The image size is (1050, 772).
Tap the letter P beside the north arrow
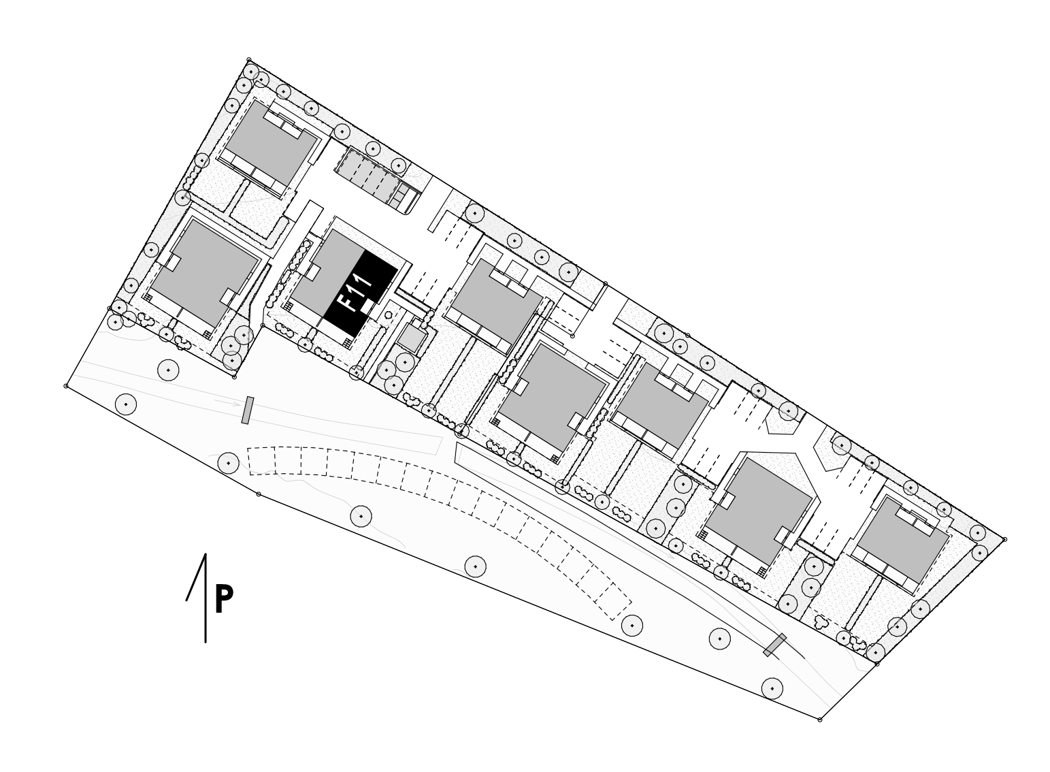pyautogui.click(x=224, y=599)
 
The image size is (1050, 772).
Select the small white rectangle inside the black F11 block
pyautogui.click(x=367, y=307)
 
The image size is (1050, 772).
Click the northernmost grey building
pyautogui.click(x=270, y=143)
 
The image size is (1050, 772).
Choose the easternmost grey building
pyautogui.click(x=902, y=539)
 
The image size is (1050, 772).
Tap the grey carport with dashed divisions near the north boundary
pyautogui.click(x=370, y=176)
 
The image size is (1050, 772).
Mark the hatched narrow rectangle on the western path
pyautogui.click(x=248, y=411)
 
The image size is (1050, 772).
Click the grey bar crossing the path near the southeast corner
pyautogui.click(x=775, y=645)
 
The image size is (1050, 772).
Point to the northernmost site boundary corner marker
pyautogui.click(x=249, y=60)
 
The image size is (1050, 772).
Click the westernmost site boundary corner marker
pyautogui.click(x=66, y=386)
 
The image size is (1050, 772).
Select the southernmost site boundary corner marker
pyautogui.click(x=820, y=720)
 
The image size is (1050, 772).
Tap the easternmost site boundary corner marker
pyautogui.click(x=1004, y=539)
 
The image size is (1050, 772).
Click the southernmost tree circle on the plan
pyautogui.click(x=772, y=688)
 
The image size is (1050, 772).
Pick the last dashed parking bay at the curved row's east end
pyautogui.click(x=613, y=602)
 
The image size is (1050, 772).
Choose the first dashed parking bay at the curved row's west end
pyautogui.click(x=261, y=462)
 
